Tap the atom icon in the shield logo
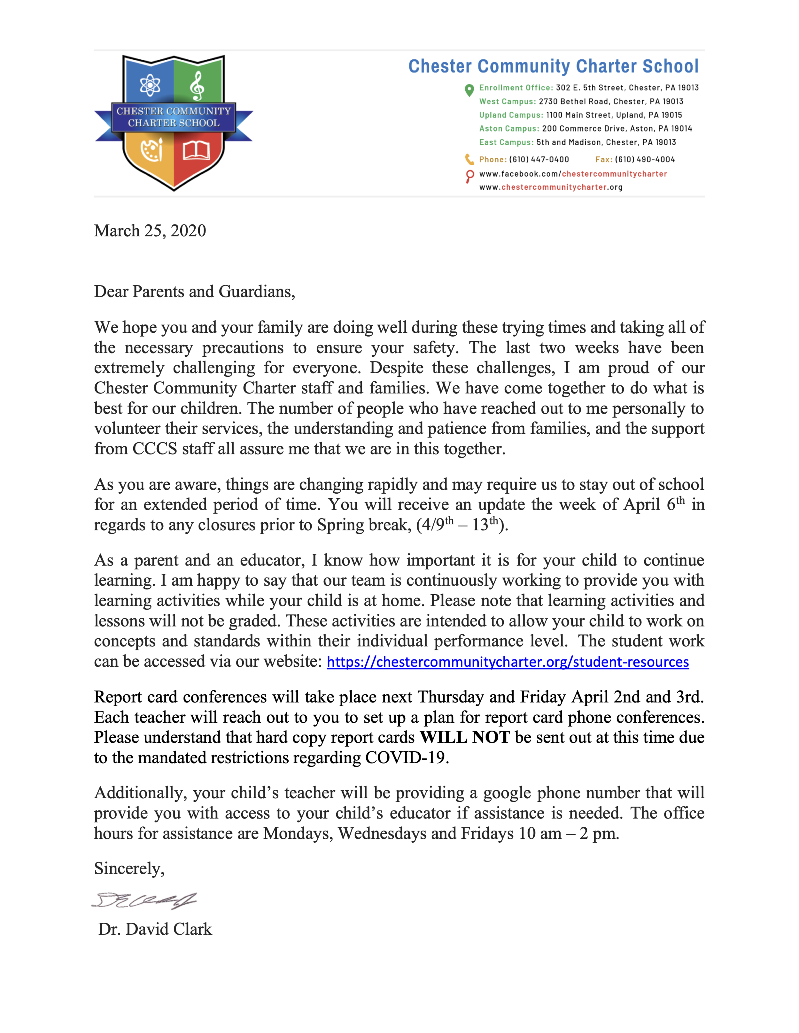point(150,86)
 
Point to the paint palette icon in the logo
point(151,150)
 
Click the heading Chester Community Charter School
point(553,66)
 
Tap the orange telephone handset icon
point(469,159)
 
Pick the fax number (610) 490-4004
point(644,159)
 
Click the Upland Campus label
point(511,115)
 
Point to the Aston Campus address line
point(585,129)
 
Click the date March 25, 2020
point(150,231)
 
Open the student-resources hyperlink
point(508,662)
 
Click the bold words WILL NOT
point(464,737)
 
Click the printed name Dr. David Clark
point(155,929)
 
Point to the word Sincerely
point(129,869)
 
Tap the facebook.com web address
point(573,174)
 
